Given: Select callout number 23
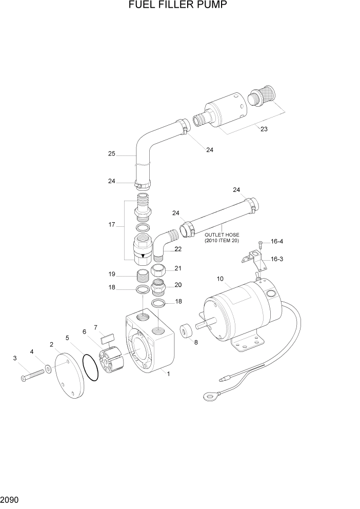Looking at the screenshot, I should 264,129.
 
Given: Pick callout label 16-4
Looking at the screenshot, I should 276,241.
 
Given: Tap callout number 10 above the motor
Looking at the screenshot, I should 220,279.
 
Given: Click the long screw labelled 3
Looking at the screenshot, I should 33,376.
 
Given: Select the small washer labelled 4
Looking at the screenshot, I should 48,368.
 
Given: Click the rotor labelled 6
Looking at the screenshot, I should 111,360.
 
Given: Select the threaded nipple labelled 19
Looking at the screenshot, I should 144,276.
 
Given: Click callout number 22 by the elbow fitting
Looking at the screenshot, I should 178,249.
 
